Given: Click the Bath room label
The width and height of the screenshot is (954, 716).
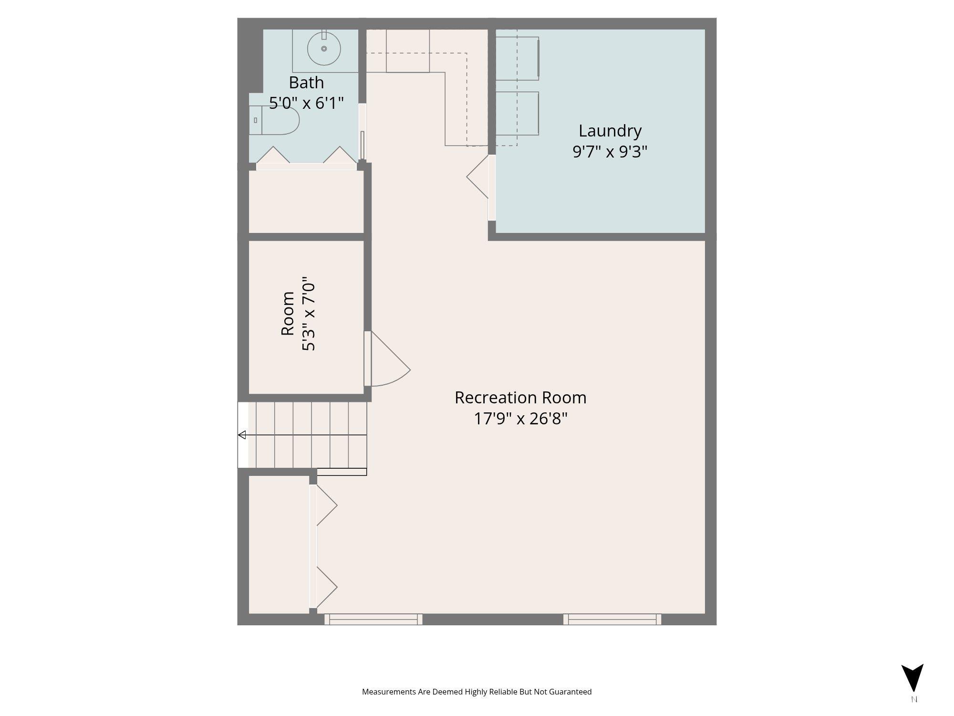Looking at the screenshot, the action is pyautogui.click(x=306, y=83).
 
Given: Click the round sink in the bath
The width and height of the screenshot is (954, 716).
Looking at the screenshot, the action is pyautogui.click(x=324, y=49).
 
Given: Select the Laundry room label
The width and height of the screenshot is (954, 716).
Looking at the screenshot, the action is pyautogui.click(x=610, y=131).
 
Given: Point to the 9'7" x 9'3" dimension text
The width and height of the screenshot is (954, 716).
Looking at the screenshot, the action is pyautogui.click(x=610, y=152).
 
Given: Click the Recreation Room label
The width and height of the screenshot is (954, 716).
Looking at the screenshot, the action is pyautogui.click(x=520, y=398).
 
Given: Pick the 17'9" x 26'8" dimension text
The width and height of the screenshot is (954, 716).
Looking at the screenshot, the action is pyautogui.click(x=520, y=419).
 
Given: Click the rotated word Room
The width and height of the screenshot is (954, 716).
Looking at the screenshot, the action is pyautogui.click(x=288, y=313).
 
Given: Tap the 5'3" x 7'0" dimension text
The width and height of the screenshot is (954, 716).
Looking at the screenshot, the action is pyautogui.click(x=309, y=316).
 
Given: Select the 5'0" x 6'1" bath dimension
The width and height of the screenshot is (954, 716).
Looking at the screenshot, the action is pyautogui.click(x=306, y=103).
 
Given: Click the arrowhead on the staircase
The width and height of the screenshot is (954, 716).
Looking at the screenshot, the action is pyautogui.click(x=242, y=435).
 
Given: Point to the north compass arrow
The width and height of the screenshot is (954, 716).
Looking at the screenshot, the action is pyautogui.click(x=912, y=677).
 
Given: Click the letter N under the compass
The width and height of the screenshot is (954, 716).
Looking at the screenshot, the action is pyautogui.click(x=914, y=700).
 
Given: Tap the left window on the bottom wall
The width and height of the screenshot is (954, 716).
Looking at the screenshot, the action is pyautogui.click(x=373, y=619).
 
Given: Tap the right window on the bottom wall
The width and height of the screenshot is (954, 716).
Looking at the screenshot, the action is pyautogui.click(x=612, y=619).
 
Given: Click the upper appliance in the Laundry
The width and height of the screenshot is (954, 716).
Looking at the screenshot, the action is pyautogui.click(x=517, y=59).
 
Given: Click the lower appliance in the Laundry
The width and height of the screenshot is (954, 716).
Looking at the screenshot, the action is pyautogui.click(x=517, y=113).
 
